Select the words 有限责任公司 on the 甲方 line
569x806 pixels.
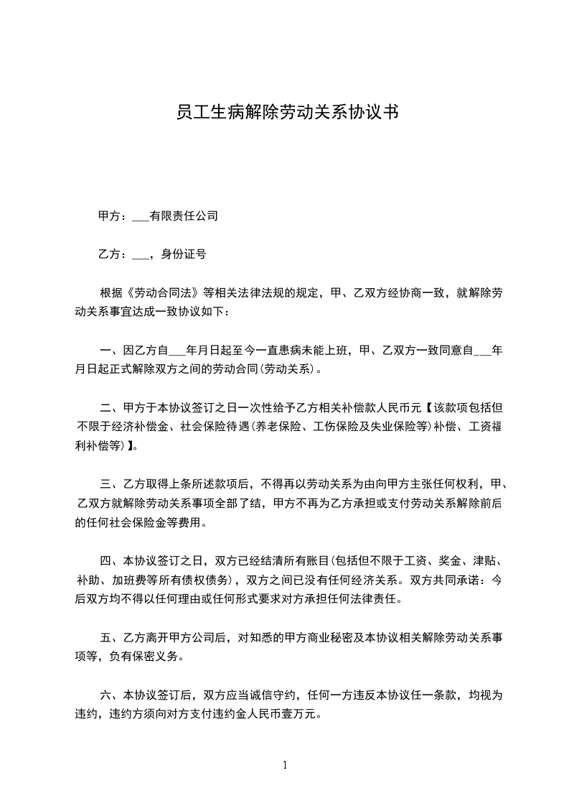tap(184, 216)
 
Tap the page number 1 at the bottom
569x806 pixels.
tap(285, 765)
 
